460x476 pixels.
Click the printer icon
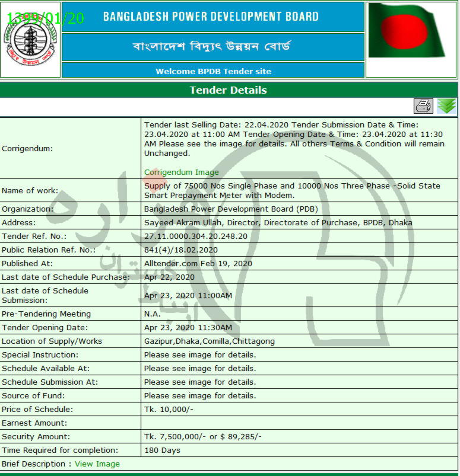(x=423, y=106)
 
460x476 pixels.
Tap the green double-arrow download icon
(x=446, y=106)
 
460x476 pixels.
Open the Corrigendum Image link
(x=181, y=172)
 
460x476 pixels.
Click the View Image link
(x=97, y=464)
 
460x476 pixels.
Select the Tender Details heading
(x=229, y=90)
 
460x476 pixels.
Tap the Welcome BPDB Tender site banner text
(x=213, y=71)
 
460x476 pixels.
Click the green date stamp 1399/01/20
(x=46, y=18)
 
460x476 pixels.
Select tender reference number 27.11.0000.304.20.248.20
(x=196, y=236)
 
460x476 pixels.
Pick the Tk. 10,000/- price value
(x=169, y=410)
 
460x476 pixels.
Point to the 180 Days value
(x=162, y=451)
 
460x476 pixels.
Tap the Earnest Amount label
(x=34, y=423)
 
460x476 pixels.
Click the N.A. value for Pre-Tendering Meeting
(x=153, y=314)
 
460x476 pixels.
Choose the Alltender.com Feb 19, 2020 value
(x=198, y=263)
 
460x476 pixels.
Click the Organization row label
(x=27, y=209)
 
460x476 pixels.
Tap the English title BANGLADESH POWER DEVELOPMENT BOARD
(x=211, y=17)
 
